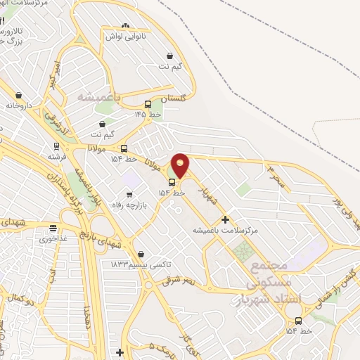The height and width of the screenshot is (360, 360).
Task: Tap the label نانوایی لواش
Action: click(x=125, y=35)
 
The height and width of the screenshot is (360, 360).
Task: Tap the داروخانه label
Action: click(x=20, y=105)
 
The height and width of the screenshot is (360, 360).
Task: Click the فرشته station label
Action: click(x=57, y=157)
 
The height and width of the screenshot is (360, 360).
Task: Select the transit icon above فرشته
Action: click(x=56, y=148)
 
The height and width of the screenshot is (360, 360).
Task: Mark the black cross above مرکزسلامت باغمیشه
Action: click(x=225, y=220)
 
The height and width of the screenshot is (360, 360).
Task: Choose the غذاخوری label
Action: click(x=53, y=238)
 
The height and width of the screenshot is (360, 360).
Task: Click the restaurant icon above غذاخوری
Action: click(x=53, y=228)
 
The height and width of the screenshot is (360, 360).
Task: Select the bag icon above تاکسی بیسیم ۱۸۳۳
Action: click(x=141, y=254)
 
